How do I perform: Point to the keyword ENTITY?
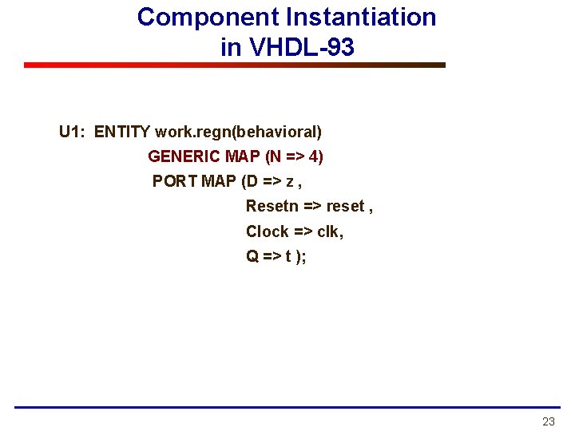tap(123, 132)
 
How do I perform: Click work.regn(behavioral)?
tap(239, 132)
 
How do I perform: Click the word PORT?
tap(175, 181)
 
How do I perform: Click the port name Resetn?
tap(272, 206)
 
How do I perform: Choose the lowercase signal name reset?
tap(344, 206)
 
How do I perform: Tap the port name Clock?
tap(267, 231)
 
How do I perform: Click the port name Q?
tap(252, 257)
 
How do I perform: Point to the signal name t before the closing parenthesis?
tap(287, 257)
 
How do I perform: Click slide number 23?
tap(548, 421)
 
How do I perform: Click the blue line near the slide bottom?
tap(287, 407)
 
